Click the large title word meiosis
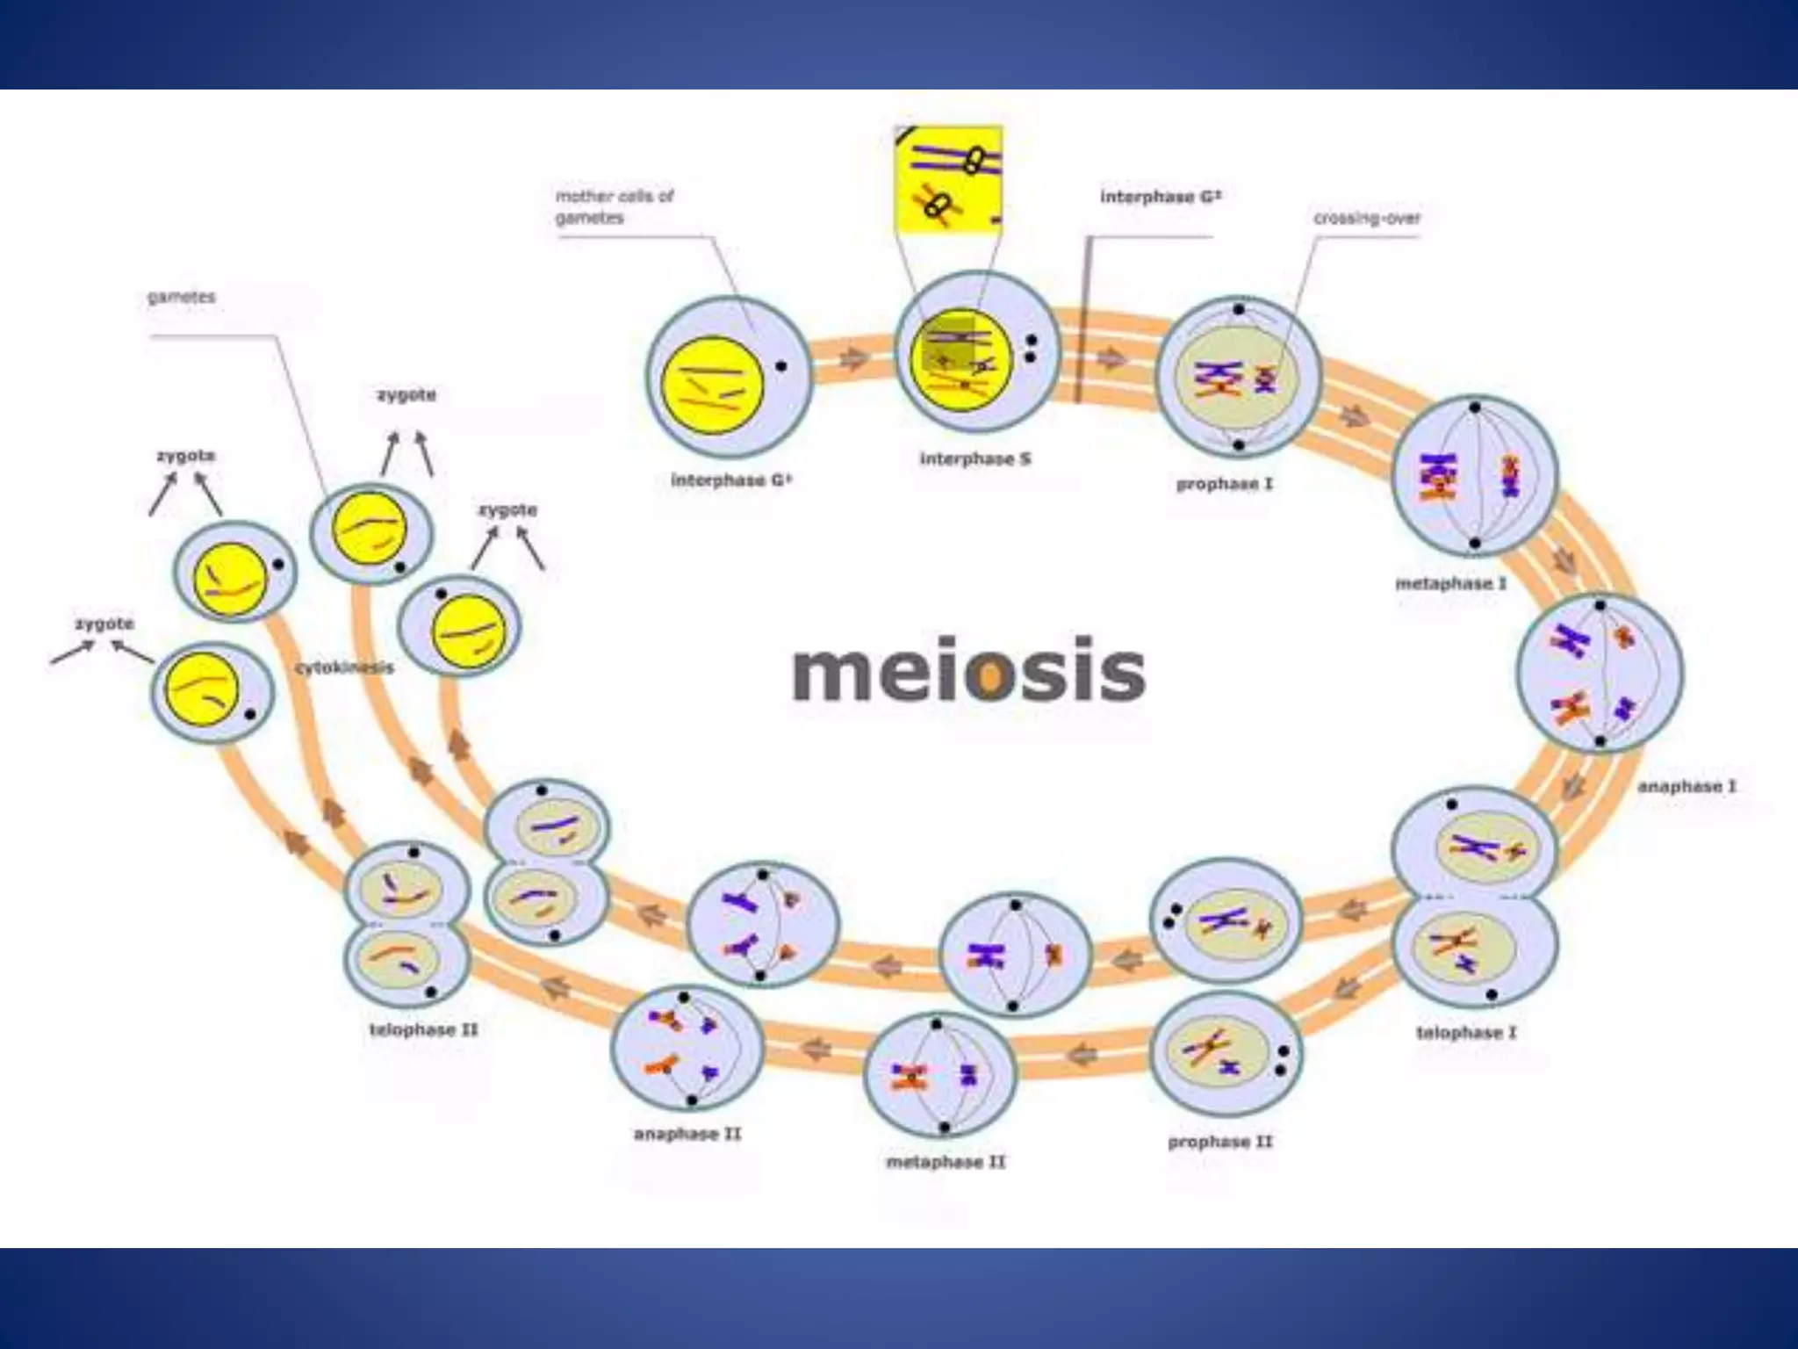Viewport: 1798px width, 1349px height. [968, 672]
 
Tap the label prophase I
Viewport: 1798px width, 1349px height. [1224, 484]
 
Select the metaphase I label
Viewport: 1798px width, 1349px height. [1450, 583]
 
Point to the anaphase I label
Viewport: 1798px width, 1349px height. [1687, 786]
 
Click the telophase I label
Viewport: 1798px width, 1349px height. [1466, 1032]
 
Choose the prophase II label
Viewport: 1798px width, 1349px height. [1219, 1142]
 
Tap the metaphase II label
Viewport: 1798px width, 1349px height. [946, 1162]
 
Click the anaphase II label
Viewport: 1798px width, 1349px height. [687, 1134]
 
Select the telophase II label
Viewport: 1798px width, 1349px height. [423, 1029]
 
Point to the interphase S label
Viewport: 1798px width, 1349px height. [975, 458]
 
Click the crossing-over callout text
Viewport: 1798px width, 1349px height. [1366, 218]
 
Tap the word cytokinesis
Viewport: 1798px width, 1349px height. [344, 667]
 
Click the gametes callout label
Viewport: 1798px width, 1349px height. [181, 297]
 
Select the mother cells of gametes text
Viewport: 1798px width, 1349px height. [614, 206]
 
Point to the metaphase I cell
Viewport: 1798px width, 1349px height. [1474, 475]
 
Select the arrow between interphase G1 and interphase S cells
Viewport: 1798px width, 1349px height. [852, 361]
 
